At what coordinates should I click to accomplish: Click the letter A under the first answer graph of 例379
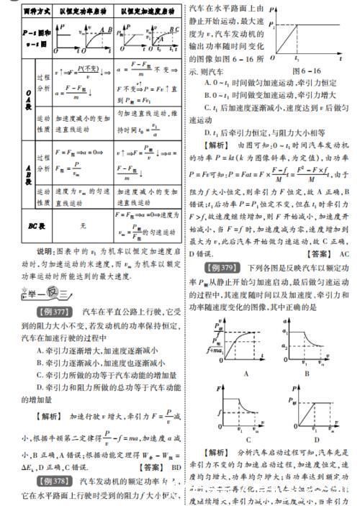point(226,374)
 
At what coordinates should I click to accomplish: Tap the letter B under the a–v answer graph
point(305,374)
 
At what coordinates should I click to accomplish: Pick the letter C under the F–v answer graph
point(226,440)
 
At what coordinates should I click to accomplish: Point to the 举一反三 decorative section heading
point(47,292)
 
